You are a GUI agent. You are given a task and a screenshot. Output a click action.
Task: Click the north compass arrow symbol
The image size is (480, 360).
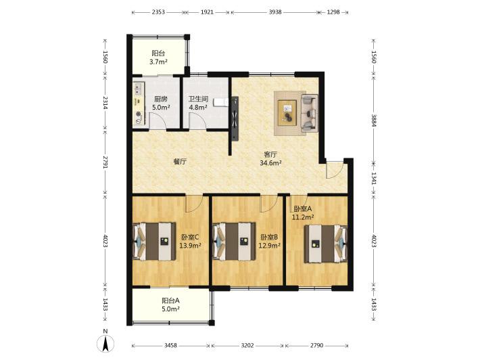pyautogui.click(x=105, y=344)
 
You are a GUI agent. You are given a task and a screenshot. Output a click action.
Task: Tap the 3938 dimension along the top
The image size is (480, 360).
pyautogui.click(x=275, y=12)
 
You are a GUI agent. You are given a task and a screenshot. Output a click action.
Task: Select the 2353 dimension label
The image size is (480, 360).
pyautogui.click(x=158, y=12)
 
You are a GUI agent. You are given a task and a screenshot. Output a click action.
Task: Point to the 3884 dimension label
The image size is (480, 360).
pyautogui.click(x=374, y=120)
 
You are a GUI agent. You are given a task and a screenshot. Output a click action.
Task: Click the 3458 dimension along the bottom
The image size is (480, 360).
pyautogui.click(x=170, y=345)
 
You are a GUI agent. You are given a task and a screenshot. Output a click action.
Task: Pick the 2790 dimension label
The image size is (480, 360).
pyautogui.click(x=316, y=345)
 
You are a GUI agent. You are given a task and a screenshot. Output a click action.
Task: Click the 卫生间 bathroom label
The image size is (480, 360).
pyautogui.click(x=198, y=99)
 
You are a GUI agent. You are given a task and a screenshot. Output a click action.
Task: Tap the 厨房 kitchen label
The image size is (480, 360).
pyautogui.click(x=161, y=99)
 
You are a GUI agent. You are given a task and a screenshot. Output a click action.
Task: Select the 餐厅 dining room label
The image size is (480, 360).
pyautogui.click(x=180, y=162)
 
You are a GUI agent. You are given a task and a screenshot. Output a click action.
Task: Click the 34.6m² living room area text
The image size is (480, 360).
pyautogui.click(x=270, y=163)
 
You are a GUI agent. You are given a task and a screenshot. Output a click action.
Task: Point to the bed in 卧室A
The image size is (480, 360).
pyautogui.click(x=326, y=244)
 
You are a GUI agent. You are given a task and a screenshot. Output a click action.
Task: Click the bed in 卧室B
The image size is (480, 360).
pyautogui.click(x=234, y=242)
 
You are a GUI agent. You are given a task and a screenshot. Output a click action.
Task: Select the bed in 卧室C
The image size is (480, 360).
pyautogui.click(x=154, y=242)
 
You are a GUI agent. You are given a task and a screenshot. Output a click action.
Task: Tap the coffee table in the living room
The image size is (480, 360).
pyautogui.click(x=287, y=113)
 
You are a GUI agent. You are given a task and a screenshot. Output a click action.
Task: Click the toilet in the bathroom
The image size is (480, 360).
pyautogui.click(x=220, y=102)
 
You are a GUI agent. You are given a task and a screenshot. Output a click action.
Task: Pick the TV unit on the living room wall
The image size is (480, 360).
pyautogui.click(x=235, y=118)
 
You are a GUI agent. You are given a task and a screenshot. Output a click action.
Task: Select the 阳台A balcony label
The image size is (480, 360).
pyautogui.click(x=170, y=300)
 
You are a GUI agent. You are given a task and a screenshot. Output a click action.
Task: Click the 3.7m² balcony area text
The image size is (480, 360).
pyautogui.click(x=158, y=62)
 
